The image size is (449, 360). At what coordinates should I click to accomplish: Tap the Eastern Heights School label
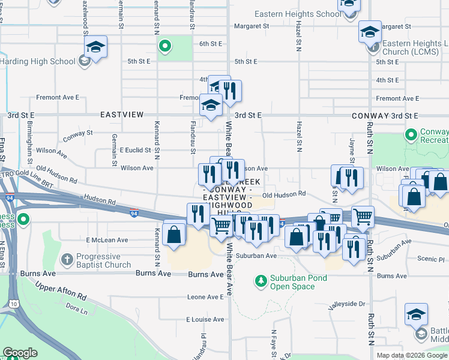pyautogui.click(x=297, y=14)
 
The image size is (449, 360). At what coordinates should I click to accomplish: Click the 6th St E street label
pyautogui.click(x=211, y=44)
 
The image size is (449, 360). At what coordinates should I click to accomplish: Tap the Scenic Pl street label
pyautogui.click(x=432, y=260)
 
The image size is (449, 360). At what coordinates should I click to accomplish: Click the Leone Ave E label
pyautogui.click(x=205, y=297)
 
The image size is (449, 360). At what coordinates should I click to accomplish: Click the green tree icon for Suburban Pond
pyautogui.click(x=261, y=280)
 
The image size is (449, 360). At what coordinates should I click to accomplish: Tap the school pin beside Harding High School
pyautogui.click(x=95, y=47)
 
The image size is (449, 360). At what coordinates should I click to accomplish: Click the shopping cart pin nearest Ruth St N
pyautogui.click(x=362, y=217)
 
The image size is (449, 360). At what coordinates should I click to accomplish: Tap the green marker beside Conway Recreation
pyautogui.click(x=411, y=134)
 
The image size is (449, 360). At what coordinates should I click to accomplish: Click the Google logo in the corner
pyautogui.click(x=20, y=353)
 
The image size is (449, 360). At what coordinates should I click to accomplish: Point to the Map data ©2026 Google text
pyautogui.click(x=412, y=355)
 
